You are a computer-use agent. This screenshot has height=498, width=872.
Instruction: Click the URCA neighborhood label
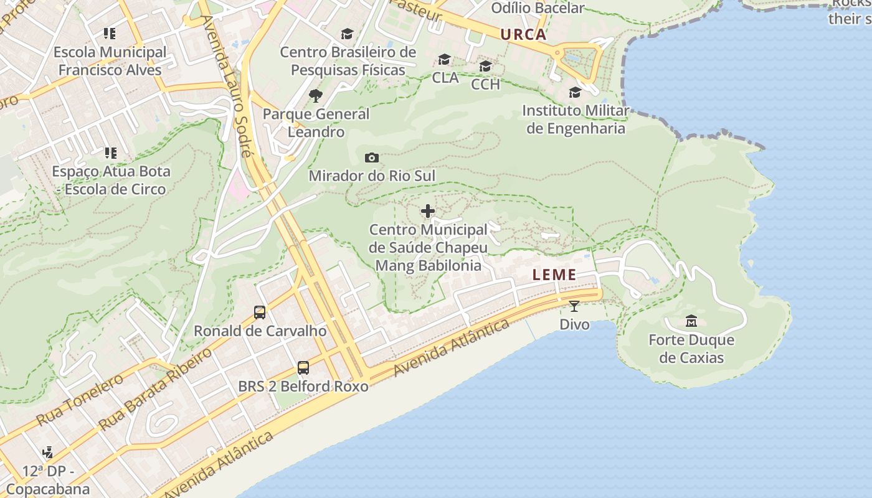tap(523, 35)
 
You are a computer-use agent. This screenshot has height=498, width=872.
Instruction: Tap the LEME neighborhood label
tap(554, 275)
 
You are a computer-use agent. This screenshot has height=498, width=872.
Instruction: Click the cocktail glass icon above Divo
tap(574, 306)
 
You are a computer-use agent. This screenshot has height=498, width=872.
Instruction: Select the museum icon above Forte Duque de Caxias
tap(691, 321)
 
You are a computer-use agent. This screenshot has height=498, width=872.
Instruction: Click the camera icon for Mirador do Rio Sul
tap(372, 157)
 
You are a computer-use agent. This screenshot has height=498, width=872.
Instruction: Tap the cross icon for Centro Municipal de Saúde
tap(428, 212)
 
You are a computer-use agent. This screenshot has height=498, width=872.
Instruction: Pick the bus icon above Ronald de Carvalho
tap(260, 312)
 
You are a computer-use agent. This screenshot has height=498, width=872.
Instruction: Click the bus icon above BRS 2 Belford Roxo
tap(303, 368)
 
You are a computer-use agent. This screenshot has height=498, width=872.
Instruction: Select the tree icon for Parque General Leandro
tap(316, 96)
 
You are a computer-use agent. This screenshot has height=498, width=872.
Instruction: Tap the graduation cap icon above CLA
tap(444, 59)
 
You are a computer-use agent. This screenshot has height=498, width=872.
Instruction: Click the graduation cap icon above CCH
tap(485, 66)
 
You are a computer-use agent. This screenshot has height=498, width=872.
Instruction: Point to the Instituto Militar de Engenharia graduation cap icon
tap(575, 93)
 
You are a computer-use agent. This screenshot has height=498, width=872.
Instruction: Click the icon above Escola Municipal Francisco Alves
tap(110, 34)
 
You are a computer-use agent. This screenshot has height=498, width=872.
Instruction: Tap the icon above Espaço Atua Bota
tap(111, 153)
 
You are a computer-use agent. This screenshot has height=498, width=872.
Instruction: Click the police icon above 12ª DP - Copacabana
tap(47, 453)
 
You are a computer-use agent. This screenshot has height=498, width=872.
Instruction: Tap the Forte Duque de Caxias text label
tap(691, 349)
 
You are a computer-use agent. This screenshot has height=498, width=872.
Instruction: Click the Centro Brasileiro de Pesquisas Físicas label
tap(348, 61)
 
